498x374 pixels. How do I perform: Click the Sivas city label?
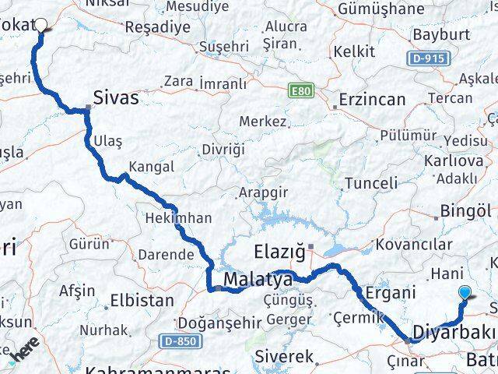115,97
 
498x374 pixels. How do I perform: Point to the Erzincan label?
372,100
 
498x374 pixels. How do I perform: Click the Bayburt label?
442,35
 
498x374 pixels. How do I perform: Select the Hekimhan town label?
178,219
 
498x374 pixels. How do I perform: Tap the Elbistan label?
142,299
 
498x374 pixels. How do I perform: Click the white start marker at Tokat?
41,26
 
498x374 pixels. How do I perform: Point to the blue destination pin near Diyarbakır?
465,294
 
